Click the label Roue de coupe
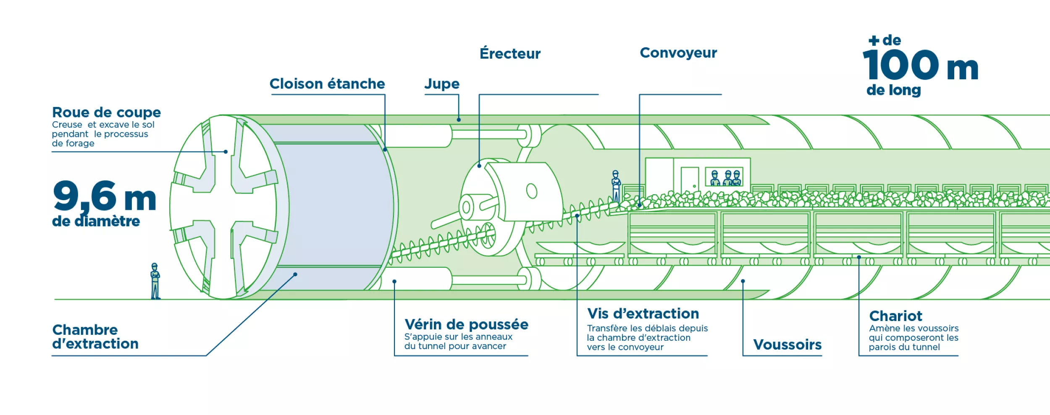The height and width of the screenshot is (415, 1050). coord(106,112)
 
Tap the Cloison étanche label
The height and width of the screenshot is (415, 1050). coord(327,84)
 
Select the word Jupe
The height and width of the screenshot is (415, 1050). coord(442,84)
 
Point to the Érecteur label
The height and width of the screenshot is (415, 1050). coord(510,54)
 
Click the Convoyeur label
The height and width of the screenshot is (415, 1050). coord(678,53)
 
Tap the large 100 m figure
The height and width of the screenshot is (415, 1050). coord(920,65)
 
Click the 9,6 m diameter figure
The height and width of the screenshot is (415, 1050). coord(105,196)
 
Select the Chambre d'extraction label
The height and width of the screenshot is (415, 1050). coord(95,337)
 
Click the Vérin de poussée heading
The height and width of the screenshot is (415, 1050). coord(466,324)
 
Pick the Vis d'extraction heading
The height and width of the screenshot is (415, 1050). coord(643,313)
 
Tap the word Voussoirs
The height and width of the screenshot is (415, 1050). coord(787,345)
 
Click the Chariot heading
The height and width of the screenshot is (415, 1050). coord(895,316)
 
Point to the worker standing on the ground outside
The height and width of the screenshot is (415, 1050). coord(155,281)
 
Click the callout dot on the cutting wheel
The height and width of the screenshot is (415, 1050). coord(226,152)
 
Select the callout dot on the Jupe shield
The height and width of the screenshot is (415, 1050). coord(459,120)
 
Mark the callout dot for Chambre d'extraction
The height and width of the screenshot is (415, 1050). coord(295,274)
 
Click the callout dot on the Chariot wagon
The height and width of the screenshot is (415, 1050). coord(859,257)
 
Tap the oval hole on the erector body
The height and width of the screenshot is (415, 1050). coord(532,191)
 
